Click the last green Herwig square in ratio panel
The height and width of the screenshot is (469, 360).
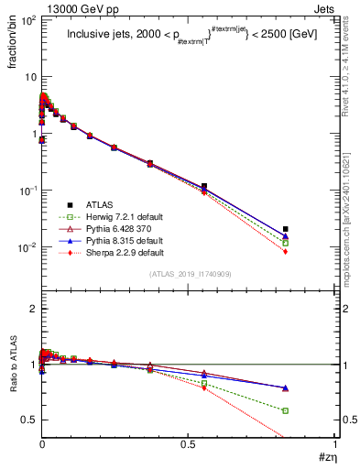pos(286,410)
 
